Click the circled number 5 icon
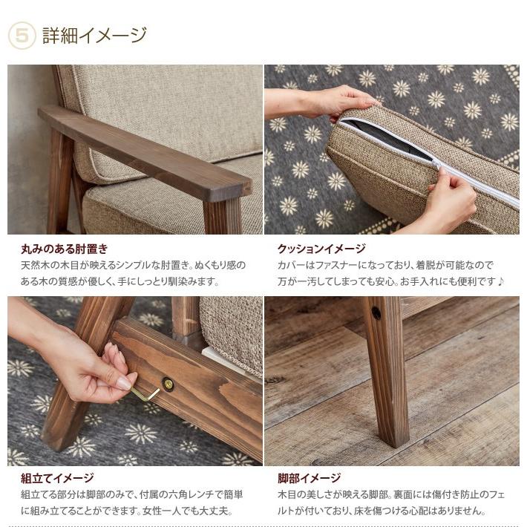coord(22,36)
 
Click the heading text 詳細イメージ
coord(94,35)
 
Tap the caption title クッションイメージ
coord(321,249)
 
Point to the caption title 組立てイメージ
coord(57,478)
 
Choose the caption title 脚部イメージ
coord(309,478)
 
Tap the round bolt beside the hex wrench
coord(168,384)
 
